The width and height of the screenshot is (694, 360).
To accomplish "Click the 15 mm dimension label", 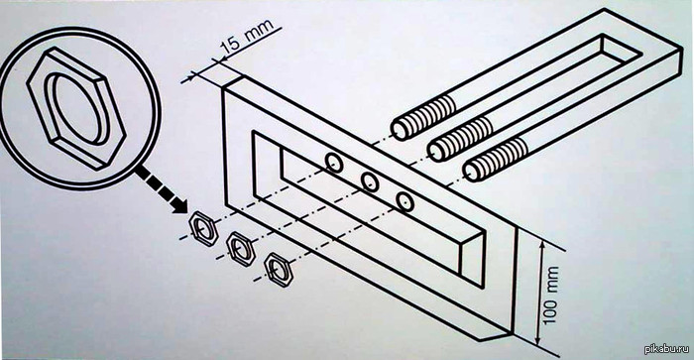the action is coord(247,40).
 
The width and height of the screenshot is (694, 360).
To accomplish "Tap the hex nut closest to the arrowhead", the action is coord(203,228).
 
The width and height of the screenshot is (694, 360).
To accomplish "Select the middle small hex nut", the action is coord(241,249).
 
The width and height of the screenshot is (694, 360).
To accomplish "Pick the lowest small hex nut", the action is coord(279,270).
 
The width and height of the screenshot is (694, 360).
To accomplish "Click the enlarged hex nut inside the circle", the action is coord(76,108).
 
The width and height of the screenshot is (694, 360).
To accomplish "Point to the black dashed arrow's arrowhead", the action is coord(179,205).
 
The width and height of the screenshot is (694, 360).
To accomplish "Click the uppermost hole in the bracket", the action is coord(334,163).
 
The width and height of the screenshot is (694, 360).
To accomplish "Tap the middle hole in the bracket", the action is coord(370,181).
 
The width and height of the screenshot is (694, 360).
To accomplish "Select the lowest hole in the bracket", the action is coord(405,202).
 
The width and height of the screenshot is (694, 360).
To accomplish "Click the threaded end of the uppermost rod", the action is coord(422,118).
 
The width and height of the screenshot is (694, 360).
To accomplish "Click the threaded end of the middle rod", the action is coord(460,139).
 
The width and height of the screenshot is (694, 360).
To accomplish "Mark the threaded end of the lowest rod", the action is coord(496,160).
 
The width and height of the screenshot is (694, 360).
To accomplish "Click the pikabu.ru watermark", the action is coord(667,349).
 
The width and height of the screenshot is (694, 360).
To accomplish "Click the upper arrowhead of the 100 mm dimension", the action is coord(542,244).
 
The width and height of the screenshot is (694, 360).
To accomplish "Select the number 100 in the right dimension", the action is coord(550,309).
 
